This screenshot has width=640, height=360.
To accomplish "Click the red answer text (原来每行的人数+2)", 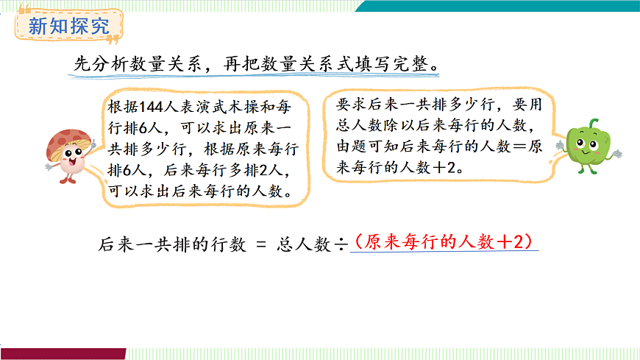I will (x=444, y=241).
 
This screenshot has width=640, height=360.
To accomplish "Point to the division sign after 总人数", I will (x=341, y=245).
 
